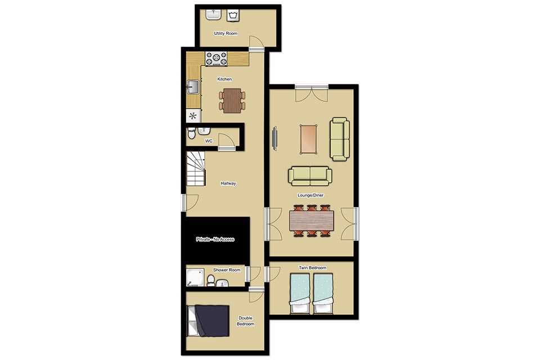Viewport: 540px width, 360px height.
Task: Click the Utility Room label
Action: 226,33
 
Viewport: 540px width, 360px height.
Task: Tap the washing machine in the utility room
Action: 233,15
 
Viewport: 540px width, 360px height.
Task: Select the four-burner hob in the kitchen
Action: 216,58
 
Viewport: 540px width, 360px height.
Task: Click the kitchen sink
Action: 193,87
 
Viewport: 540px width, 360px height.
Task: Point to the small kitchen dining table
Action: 232,101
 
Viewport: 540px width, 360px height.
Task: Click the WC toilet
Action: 191,133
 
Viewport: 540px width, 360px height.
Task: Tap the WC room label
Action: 209,141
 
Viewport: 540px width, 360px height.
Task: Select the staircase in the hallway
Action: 196,168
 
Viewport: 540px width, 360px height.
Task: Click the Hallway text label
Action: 228,183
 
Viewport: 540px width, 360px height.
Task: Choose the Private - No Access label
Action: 215,239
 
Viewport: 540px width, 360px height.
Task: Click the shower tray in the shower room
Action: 195,277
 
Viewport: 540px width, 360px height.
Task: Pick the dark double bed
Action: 208,321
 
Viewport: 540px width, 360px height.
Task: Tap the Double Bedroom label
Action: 246,321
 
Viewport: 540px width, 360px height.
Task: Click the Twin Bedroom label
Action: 312,268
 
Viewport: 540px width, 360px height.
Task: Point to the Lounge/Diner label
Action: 310,195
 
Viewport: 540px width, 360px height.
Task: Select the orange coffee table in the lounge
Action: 309,139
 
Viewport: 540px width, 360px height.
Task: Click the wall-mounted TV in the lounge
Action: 275,138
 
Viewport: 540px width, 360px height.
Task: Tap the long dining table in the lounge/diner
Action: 312,220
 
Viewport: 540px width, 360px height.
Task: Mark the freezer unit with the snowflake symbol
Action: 193,116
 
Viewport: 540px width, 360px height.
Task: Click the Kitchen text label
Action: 224,79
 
